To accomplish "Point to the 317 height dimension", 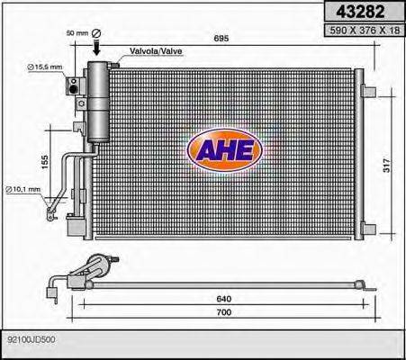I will point(388,166).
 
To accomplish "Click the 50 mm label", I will point(77,32).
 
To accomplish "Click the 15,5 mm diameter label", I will point(44,67).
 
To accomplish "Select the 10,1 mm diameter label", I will point(25,188).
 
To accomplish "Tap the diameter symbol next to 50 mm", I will point(97,33).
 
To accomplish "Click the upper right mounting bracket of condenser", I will point(369,87).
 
